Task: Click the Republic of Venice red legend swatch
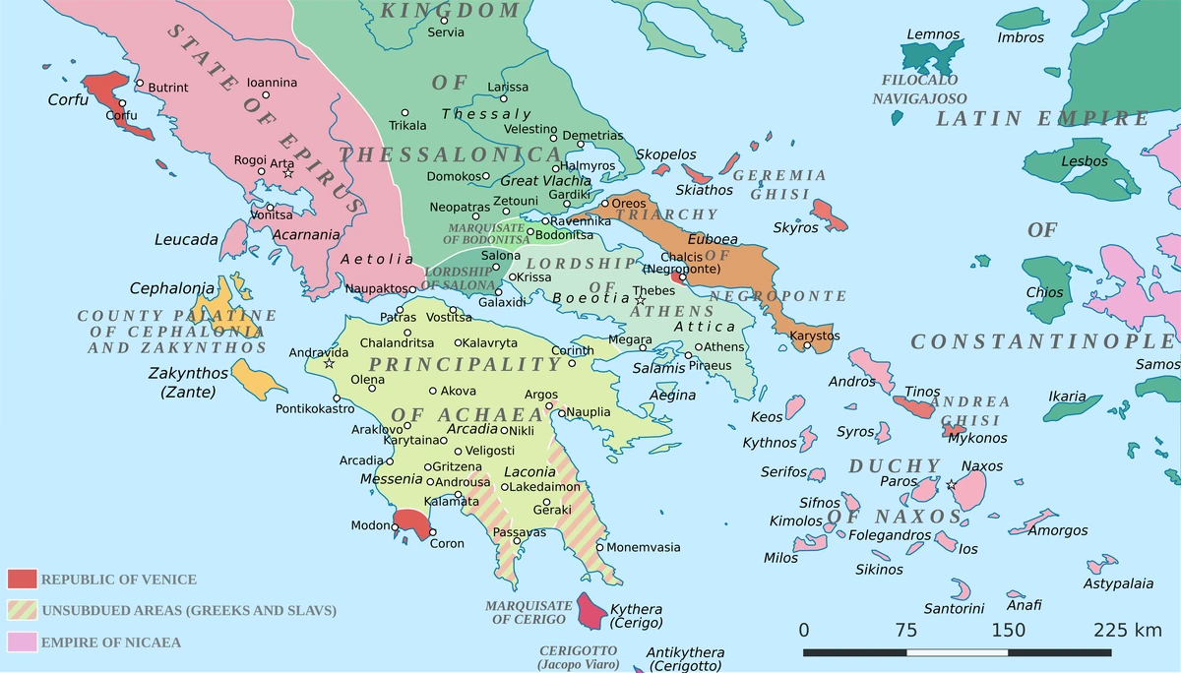(x=22, y=579)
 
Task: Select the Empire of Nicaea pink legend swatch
(x=22, y=642)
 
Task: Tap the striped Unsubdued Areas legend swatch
(x=22, y=610)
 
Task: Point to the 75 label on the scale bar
(x=905, y=630)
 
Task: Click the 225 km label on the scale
(x=1127, y=630)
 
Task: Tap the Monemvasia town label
(x=644, y=547)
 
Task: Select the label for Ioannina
(x=272, y=83)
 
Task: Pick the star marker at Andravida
(x=329, y=364)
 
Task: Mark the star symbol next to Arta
(x=288, y=173)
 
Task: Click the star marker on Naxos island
(x=951, y=485)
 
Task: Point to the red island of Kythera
(x=590, y=610)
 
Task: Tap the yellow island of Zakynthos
(x=254, y=378)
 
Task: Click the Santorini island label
(x=954, y=608)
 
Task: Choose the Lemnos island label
(x=932, y=34)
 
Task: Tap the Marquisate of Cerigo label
(x=528, y=612)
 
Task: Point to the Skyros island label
(x=795, y=227)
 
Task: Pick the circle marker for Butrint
(x=141, y=84)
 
